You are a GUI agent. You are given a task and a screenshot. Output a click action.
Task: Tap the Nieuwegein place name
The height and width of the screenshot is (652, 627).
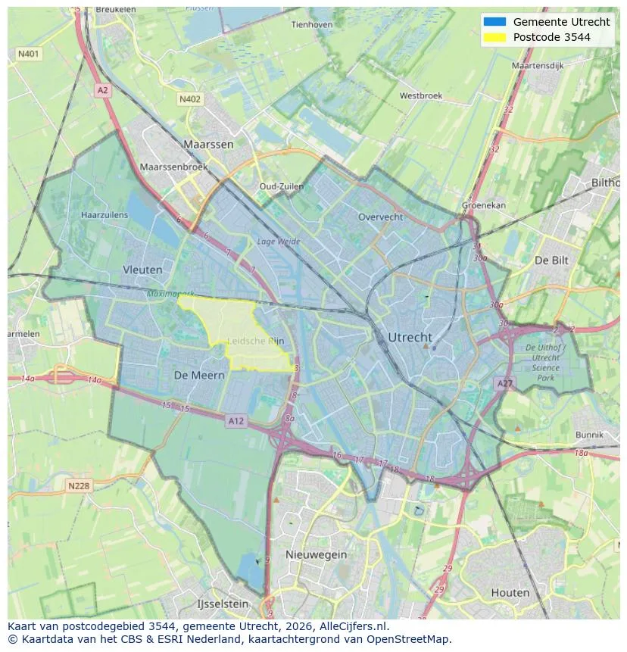pyautogui.click(x=316, y=554)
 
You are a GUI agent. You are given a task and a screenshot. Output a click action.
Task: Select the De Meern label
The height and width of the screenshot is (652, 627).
pyautogui.click(x=199, y=375)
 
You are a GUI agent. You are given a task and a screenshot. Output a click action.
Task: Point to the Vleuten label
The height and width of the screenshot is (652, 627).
pyautogui.click(x=142, y=269)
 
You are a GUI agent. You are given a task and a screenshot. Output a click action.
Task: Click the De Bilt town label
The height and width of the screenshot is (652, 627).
pyautogui.click(x=551, y=260)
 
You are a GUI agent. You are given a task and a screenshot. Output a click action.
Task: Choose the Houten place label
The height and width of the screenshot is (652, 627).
pyautogui.click(x=510, y=592)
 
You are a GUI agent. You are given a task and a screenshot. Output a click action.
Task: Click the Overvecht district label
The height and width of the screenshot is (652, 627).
pyautogui.click(x=379, y=217)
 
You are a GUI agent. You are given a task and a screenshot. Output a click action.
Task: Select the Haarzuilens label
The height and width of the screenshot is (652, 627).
pyautogui.click(x=104, y=215)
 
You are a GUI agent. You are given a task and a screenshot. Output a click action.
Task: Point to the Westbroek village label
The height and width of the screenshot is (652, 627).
pyautogui.click(x=420, y=96)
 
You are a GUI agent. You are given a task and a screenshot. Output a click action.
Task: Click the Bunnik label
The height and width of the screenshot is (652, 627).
pyautogui.click(x=589, y=435)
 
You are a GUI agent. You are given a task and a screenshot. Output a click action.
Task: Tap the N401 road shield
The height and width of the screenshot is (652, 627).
pyautogui.click(x=28, y=55)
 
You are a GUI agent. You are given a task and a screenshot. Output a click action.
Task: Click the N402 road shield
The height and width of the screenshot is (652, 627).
pyautogui.click(x=189, y=99)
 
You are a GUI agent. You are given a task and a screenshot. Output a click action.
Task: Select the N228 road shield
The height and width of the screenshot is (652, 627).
pyautogui.click(x=80, y=486)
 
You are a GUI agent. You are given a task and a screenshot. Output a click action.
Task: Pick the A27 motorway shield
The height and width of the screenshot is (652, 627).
pyautogui.click(x=504, y=384)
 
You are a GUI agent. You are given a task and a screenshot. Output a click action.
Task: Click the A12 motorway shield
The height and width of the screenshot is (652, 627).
pyautogui.click(x=236, y=421)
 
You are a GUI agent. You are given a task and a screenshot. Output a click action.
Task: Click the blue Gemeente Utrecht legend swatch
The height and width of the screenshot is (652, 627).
pyautogui.click(x=494, y=22)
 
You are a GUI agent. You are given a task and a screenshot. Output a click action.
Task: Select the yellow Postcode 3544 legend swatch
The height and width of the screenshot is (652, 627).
pyautogui.click(x=494, y=37)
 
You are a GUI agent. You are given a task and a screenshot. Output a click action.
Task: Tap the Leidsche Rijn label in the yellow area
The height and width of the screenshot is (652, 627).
pyautogui.click(x=256, y=341)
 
